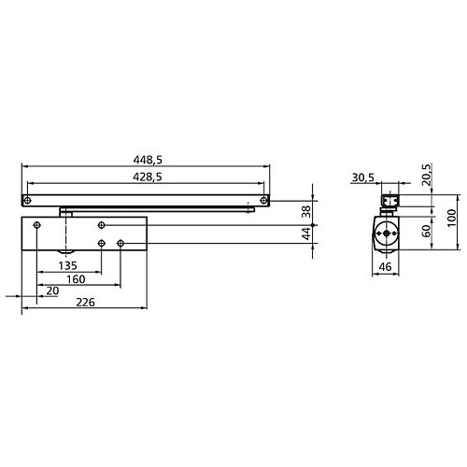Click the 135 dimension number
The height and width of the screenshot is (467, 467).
tap(68, 265)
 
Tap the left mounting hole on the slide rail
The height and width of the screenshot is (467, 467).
tap(29, 200)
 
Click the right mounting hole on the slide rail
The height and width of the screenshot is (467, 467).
tap(265, 200)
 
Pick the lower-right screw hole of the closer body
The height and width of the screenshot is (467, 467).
tap(122, 245)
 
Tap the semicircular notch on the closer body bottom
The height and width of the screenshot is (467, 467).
tap(68, 253)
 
